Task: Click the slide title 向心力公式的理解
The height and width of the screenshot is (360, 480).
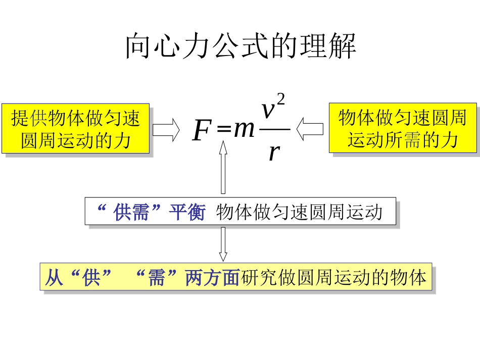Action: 241,46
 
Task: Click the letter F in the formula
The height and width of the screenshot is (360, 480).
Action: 202,131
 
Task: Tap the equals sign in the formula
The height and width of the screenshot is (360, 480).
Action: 223,130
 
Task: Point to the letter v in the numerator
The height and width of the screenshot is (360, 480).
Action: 269,111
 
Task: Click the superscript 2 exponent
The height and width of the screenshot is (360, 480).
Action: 281,99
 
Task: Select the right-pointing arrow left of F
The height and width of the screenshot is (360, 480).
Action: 166,130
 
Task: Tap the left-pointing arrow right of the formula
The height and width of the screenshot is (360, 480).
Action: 310,129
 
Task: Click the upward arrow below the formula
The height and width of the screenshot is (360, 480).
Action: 222,167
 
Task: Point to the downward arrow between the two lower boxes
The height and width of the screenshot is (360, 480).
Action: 222,244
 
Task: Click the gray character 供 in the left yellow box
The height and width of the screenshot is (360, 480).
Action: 39,119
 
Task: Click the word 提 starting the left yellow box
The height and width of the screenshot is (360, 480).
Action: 20,119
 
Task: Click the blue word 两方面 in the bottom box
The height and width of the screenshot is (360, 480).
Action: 212,278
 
